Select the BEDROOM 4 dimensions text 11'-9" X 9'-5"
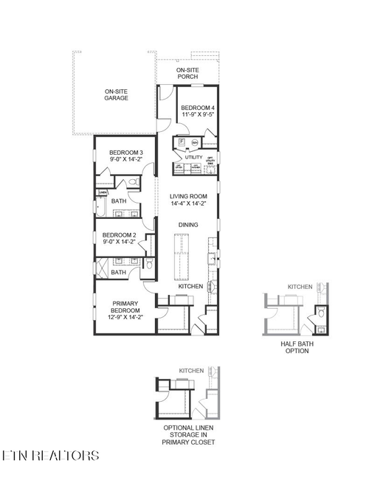click(x=198, y=115)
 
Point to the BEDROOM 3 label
click(x=115, y=152)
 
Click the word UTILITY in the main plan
click(x=193, y=157)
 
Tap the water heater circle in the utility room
click(x=195, y=142)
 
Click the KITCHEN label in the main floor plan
click(x=190, y=286)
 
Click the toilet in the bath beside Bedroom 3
click(x=134, y=182)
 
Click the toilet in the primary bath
click(x=150, y=264)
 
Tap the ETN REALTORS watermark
click(x=50, y=455)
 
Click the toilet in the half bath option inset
click(x=322, y=313)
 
